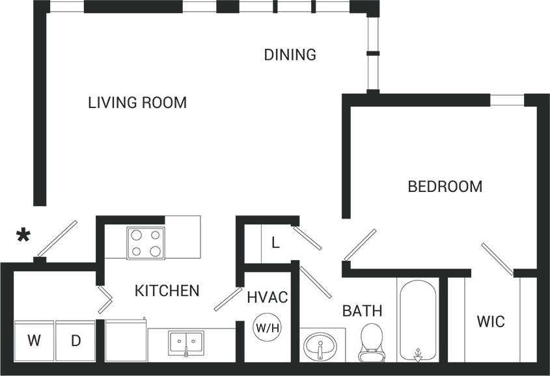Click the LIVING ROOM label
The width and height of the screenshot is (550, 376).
137,103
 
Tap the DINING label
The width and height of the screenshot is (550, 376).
290,55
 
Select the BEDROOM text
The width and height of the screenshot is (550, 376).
445,187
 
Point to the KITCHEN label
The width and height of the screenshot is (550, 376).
167,291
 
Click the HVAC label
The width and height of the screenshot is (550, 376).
267,298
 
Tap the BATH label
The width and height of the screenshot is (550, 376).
362,311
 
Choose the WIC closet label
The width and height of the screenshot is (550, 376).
490,322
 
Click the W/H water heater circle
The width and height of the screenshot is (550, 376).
267,327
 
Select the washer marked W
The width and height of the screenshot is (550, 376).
33,340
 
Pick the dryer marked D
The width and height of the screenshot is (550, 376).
76,340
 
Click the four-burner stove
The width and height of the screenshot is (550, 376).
146,243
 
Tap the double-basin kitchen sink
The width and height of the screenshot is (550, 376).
186,342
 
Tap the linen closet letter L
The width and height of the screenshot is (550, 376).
275,243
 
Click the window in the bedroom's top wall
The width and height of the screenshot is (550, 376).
506,100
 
